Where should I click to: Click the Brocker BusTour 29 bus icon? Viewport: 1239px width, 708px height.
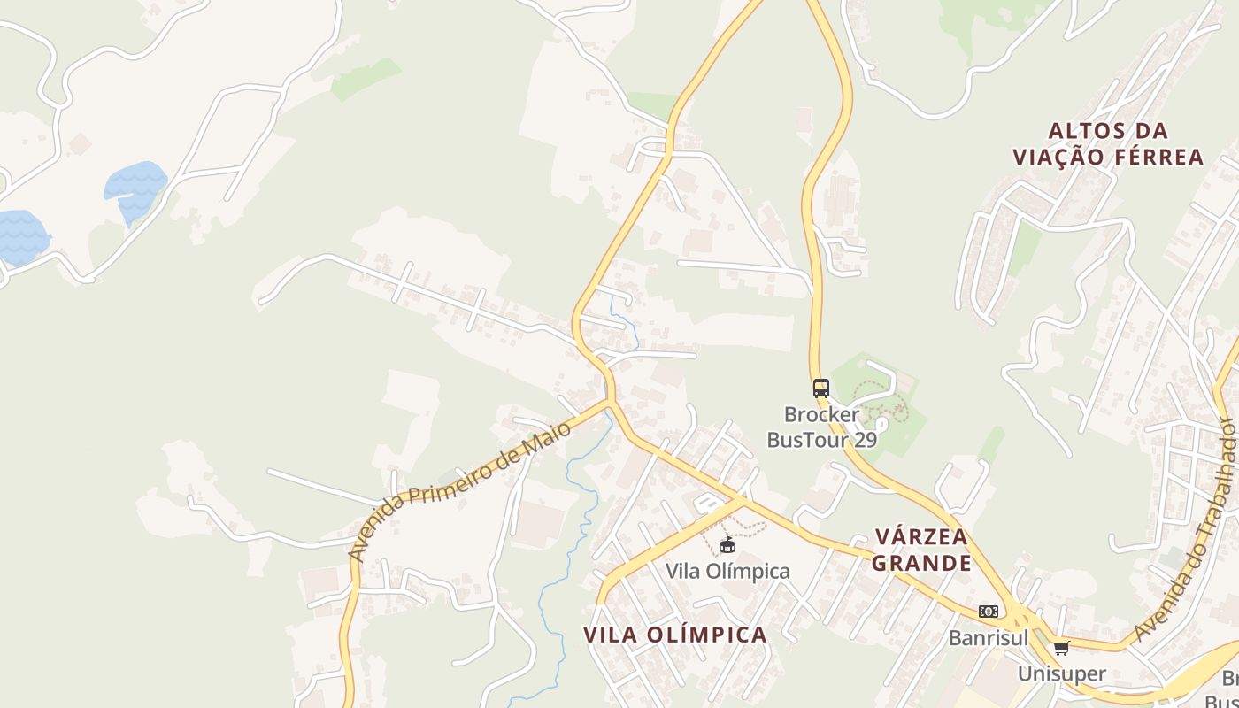coord(821,388)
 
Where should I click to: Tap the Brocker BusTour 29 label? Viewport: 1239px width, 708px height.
coord(821,427)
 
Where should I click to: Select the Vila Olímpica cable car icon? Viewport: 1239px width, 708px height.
coord(727,544)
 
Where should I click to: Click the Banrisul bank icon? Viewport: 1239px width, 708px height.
coord(989,612)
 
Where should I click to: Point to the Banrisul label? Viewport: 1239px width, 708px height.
coord(989,637)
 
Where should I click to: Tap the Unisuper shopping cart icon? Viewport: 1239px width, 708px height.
coord(1061,648)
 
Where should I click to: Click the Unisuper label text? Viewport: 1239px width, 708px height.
coord(1061,673)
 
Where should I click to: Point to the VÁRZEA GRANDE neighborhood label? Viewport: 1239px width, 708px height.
coord(922,550)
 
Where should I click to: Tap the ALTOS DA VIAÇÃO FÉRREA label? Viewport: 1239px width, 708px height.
coord(1108,144)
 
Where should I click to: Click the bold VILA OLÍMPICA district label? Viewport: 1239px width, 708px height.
coord(675,635)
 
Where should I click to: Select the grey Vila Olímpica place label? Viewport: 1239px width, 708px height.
coord(727,571)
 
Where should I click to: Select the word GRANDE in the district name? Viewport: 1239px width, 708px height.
coord(922,563)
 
